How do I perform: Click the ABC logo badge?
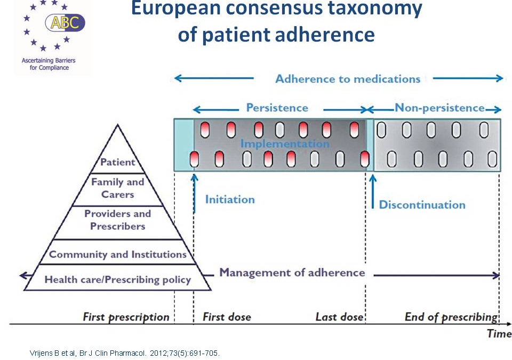(65, 22)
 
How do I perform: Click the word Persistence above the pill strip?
(277, 108)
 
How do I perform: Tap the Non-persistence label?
(439, 108)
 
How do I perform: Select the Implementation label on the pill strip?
(285, 143)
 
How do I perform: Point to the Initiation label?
(230, 199)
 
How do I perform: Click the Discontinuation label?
(422, 205)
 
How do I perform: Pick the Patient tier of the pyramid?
(118, 162)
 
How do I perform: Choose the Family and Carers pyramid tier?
(118, 188)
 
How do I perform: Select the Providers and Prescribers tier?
(117, 220)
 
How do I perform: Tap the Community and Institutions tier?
(118, 254)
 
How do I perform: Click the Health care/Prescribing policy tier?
(117, 279)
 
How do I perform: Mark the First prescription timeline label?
(126, 317)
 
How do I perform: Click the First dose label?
(227, 317)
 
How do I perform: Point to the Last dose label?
(339, 317)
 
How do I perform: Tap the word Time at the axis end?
(499, 334)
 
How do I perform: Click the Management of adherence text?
(292, 273)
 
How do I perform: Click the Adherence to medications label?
(348, 79)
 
